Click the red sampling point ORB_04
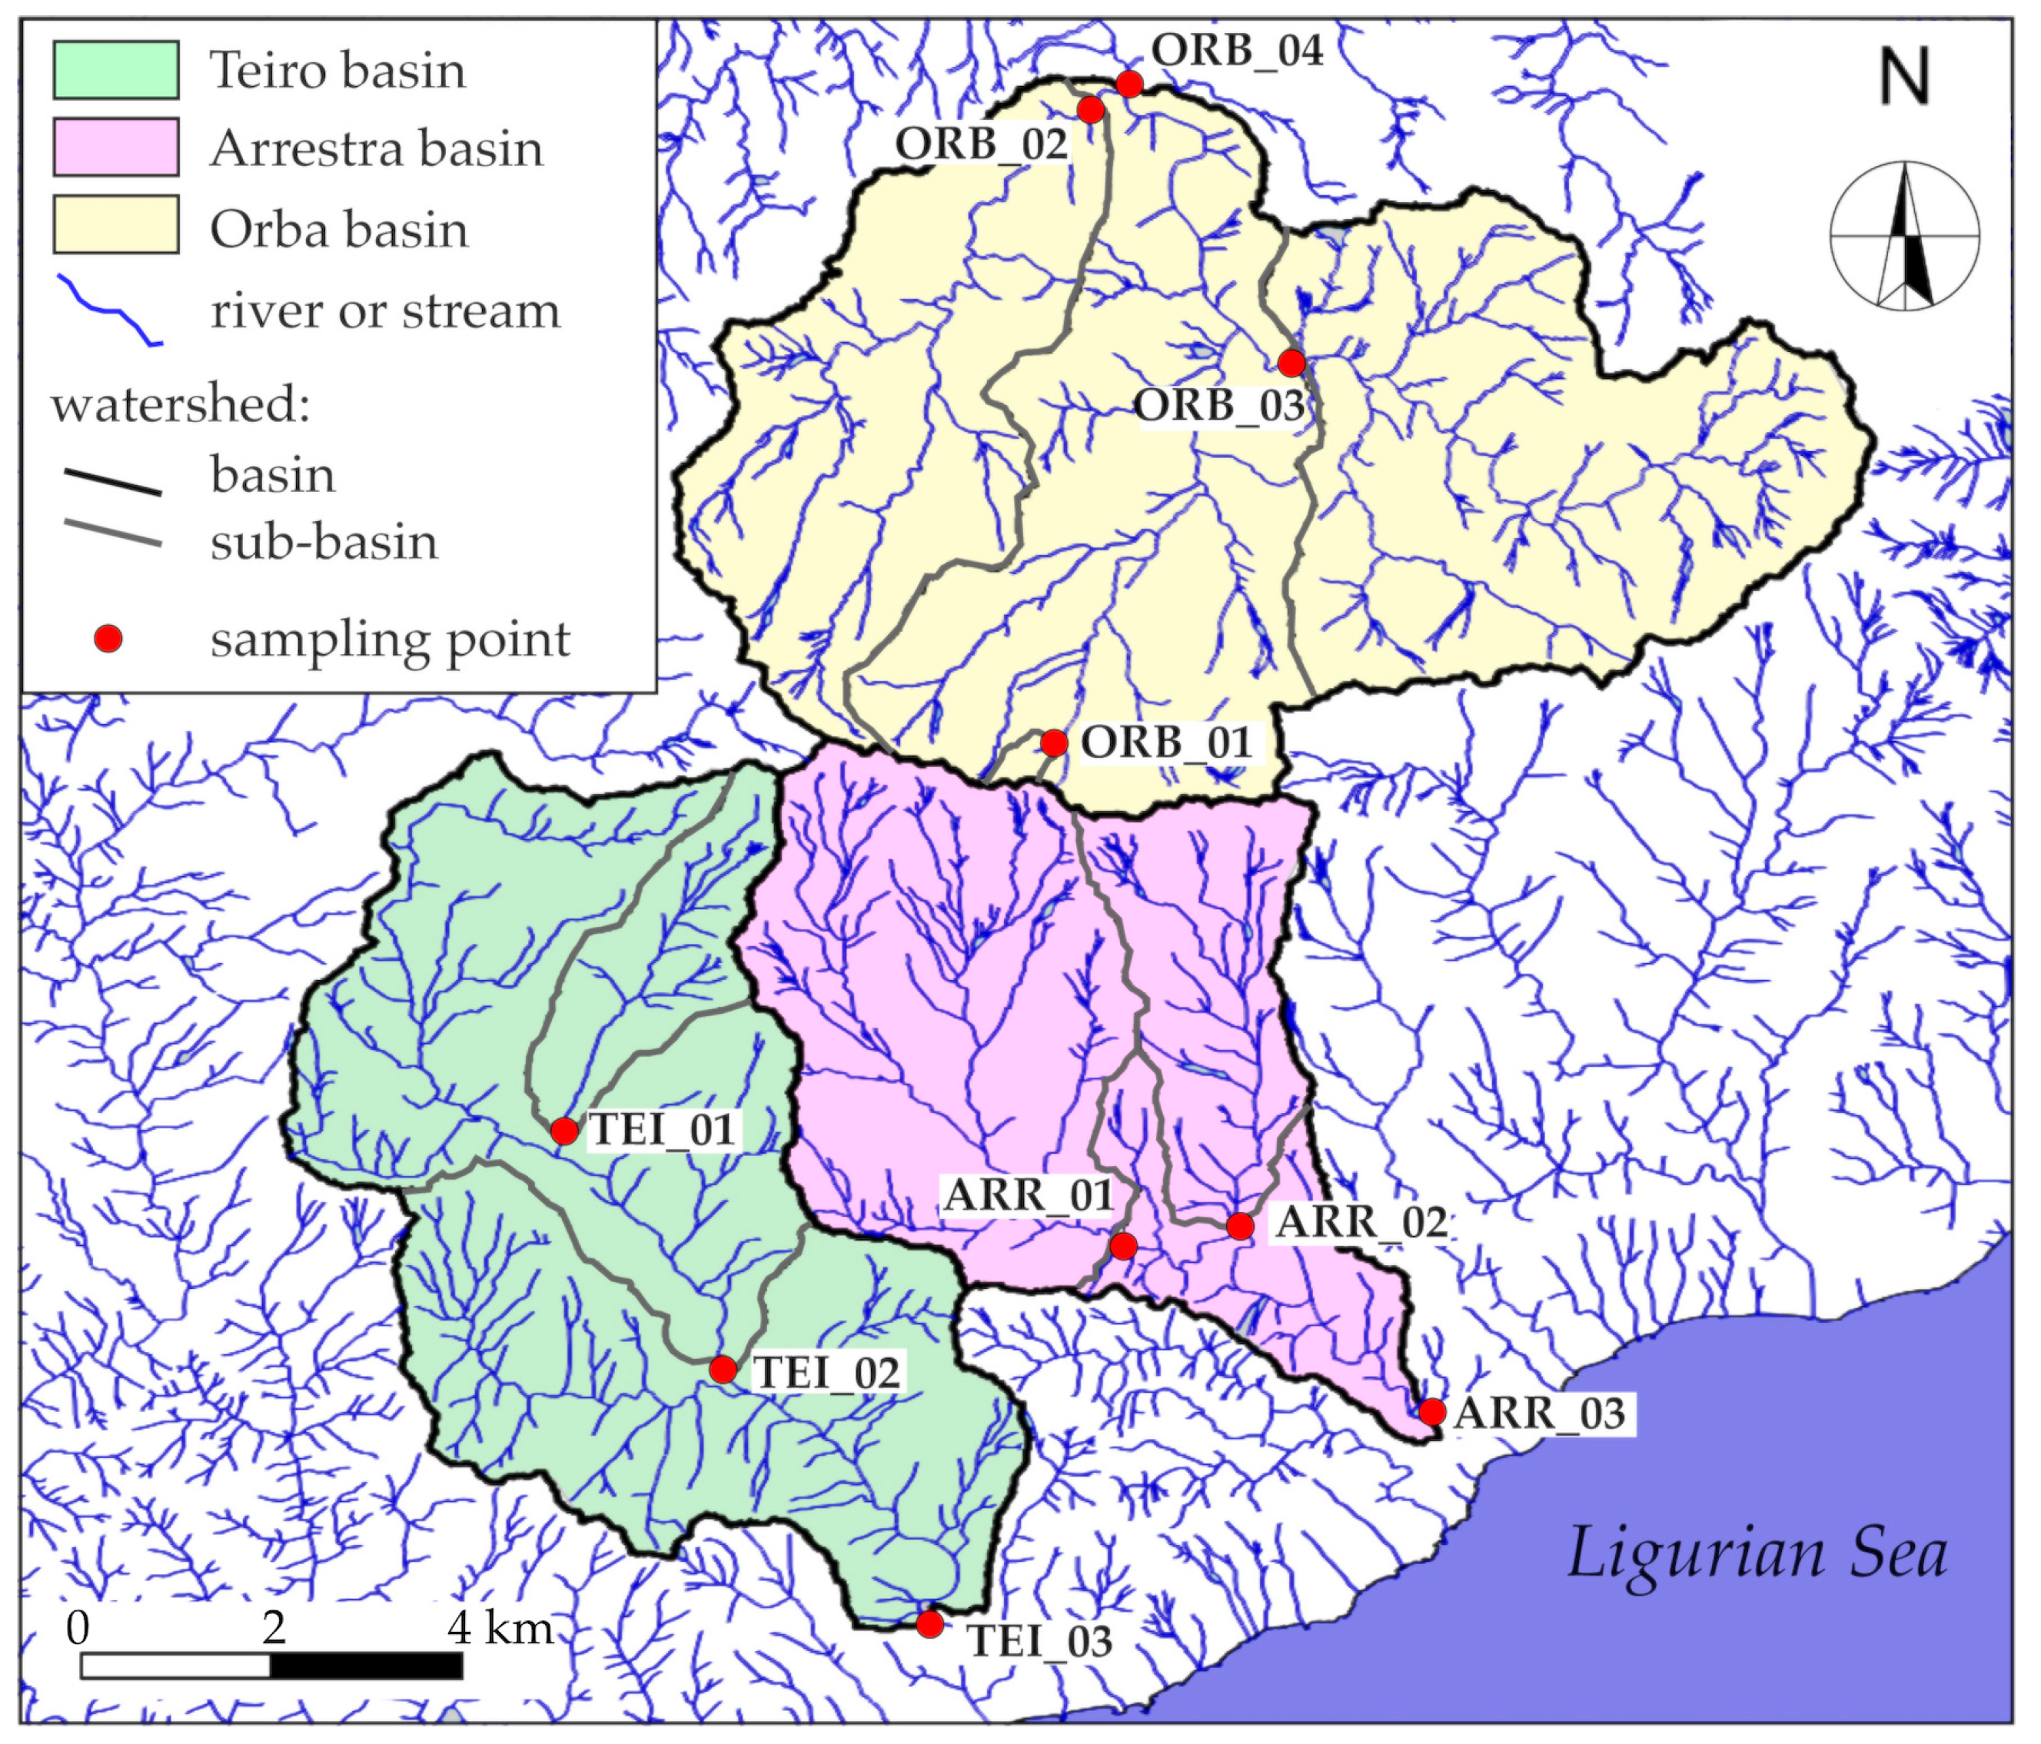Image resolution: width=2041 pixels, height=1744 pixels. [1129, 85]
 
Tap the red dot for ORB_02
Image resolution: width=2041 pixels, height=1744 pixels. [1090, 109]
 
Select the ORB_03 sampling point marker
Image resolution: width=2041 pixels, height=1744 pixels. [1291, 364]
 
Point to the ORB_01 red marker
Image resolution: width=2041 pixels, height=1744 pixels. [1054, 743]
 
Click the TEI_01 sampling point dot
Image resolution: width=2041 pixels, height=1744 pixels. [563, 1131]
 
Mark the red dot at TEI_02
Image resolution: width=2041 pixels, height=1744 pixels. [722, 1370]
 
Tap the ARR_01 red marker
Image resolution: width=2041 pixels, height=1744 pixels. [1123, 1247]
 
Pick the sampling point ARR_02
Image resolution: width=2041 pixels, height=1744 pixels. [1240, 1226]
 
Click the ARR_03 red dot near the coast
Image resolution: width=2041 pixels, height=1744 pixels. [1432, 1411]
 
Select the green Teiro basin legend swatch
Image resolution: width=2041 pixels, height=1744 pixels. [116, 70]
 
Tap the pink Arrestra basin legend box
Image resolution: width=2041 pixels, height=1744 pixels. [116, 148]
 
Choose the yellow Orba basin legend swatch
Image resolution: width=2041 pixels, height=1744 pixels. [116, 224]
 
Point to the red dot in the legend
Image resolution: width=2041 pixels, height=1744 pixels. [108, 639]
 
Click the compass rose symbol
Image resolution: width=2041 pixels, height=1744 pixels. [1904, 236]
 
